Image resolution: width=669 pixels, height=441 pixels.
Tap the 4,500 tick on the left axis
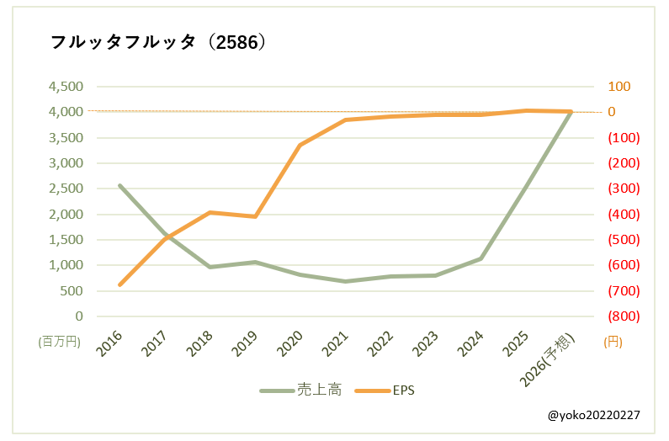[x=66, y=87]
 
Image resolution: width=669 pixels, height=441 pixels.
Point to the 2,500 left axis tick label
[x=66, y=189]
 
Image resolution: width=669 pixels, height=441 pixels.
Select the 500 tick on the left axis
[x=73, y=291]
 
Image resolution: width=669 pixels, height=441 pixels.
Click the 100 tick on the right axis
[x=619, y=87]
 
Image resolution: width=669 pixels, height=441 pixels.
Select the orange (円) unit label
[x=613, y=342]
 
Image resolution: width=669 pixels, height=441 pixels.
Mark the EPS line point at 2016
[x=120, y=284]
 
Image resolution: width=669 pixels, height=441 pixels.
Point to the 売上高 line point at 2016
[x=120, y=185]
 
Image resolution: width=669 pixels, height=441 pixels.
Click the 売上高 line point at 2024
[x=481, y=258]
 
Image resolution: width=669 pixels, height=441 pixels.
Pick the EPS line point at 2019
[x=255, y=217]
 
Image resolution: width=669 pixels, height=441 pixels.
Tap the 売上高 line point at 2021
[x=345, y=281]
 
